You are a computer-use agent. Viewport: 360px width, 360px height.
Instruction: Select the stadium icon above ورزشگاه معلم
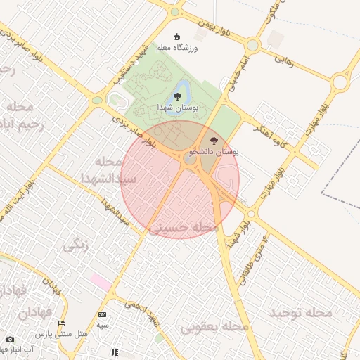pos(176,37)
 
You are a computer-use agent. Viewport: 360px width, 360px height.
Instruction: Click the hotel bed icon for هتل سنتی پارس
pos(61,323)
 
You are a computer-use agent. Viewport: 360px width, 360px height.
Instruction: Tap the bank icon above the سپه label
pos(103,314)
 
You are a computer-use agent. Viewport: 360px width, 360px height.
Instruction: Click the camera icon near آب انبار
pos(10,339)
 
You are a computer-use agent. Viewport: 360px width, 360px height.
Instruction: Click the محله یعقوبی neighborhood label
pos(215,328)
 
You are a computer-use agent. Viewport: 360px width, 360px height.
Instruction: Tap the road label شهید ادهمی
pos(141,313)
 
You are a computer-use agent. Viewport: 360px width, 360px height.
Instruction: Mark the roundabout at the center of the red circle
pos(190,160)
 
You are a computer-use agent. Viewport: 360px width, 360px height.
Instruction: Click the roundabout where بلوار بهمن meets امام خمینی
pos(252,45)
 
